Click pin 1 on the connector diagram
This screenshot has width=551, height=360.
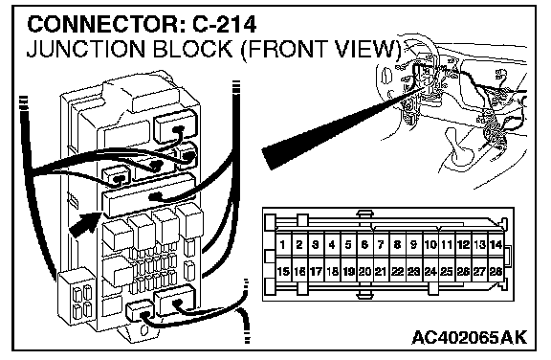point(283,244)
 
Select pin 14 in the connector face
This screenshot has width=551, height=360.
point(496,244)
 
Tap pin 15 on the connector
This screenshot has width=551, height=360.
point(283,271)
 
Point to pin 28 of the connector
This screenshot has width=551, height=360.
point(496,271)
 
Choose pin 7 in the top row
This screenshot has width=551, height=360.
point(381,244)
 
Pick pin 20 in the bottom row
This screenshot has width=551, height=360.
point(364,271)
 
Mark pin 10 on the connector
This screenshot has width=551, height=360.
point(430,244)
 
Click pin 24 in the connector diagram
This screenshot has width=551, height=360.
point(430,271)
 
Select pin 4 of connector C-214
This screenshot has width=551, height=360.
point(332,244)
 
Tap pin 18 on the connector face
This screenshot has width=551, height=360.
point(332,271)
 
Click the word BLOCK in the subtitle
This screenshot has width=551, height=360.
point(192,49)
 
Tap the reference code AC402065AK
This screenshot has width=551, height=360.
point(470,337)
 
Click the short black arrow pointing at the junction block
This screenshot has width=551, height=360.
point(84,225)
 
